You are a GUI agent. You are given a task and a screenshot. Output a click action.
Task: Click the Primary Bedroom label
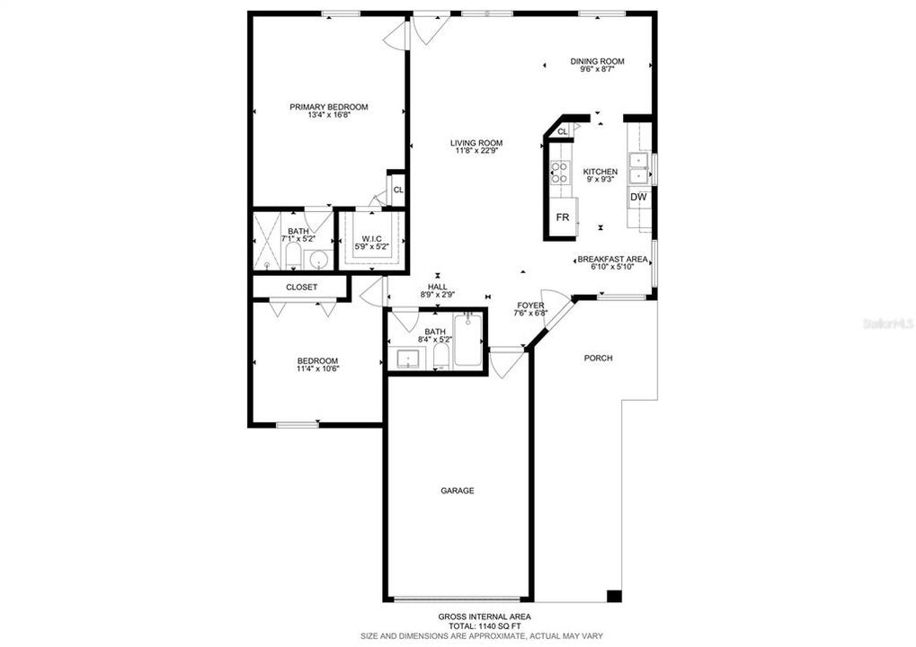(328, 107)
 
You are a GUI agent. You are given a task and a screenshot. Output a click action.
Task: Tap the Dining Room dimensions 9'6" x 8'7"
(597, 71)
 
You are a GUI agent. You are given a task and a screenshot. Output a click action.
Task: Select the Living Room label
(476, 143)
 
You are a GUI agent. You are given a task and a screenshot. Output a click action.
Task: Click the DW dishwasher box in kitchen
(638, 197)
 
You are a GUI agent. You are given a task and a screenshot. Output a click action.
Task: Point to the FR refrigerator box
(563, 218)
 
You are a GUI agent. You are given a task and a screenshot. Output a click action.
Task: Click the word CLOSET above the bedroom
(301, 288)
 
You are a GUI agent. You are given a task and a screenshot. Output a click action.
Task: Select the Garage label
(457, 491)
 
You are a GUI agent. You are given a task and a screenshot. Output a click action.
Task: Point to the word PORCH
(598, 359)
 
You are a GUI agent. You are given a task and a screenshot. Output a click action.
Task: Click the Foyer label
(529, 306)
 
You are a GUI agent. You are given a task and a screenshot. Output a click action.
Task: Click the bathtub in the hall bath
(467, 341)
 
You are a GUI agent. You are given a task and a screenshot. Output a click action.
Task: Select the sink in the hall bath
(410, 359)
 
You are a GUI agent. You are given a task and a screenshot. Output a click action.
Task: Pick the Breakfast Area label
(612, 259)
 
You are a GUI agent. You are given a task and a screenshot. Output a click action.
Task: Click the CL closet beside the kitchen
(563, 132)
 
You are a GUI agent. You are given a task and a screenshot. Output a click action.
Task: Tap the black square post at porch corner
(614, 595)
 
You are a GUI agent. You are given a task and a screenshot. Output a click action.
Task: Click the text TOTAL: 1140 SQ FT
(484, 625)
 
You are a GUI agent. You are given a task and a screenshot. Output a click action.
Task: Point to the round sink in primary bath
(318, 261)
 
